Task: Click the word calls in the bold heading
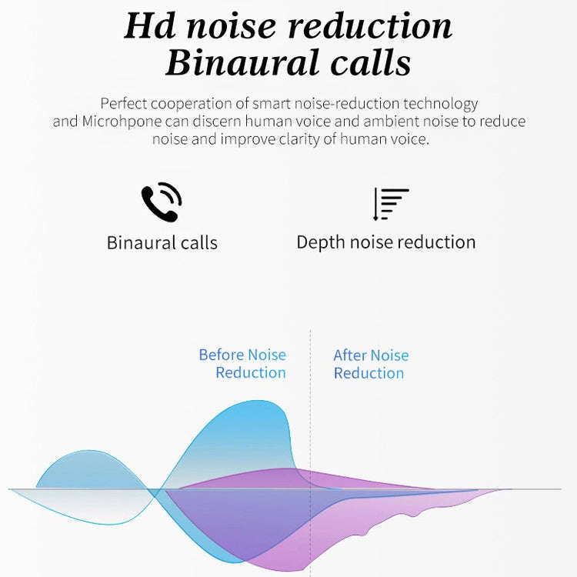(365, 63)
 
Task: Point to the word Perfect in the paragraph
(125, 104)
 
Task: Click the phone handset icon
(161, 203)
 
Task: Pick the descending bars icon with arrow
(390, 204)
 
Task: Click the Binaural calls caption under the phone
(162, 243)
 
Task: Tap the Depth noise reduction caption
(386, 242)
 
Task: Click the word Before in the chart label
(221, 355)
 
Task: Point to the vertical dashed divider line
(310, 408)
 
